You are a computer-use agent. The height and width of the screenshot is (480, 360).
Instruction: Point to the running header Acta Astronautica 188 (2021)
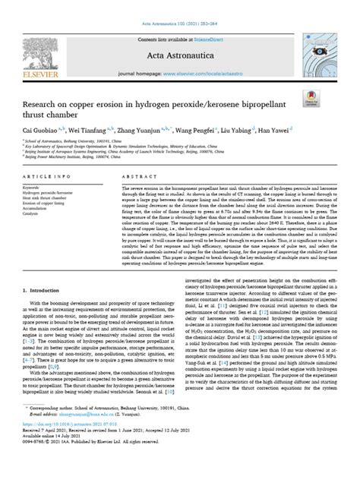click(180, 8)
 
